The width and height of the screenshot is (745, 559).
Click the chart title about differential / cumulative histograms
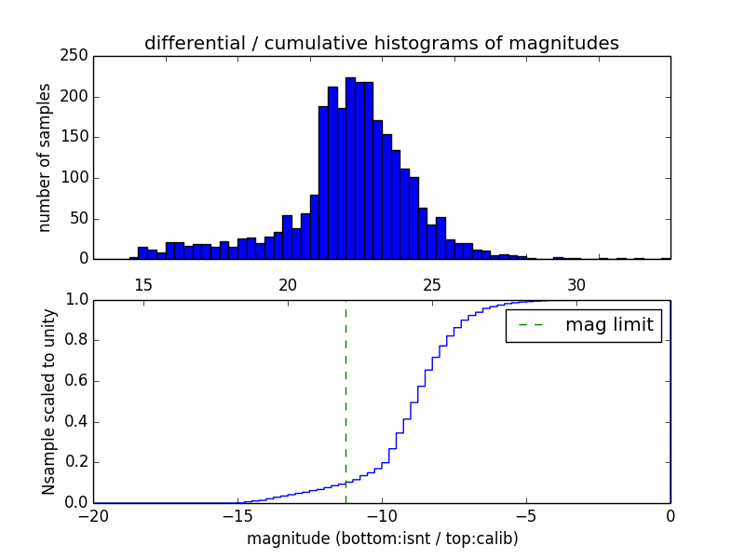381,43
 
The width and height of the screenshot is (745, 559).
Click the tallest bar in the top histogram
350,168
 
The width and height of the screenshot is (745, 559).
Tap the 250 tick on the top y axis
77,56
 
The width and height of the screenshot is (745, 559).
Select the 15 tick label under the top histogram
143,284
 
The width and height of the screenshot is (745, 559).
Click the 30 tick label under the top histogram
576,284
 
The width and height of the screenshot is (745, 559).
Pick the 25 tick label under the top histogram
432,284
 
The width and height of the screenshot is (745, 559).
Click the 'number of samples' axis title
45,157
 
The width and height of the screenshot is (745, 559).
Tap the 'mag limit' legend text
609,325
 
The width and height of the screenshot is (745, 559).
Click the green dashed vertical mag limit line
345,401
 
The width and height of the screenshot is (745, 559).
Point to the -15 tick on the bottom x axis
237,515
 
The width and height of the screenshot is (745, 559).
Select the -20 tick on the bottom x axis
93,515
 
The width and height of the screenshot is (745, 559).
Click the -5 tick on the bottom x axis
526,515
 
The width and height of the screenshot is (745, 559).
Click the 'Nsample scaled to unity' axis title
48,402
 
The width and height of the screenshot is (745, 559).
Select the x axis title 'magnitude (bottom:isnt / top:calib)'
382,539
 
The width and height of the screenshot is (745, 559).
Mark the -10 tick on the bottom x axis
382,515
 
